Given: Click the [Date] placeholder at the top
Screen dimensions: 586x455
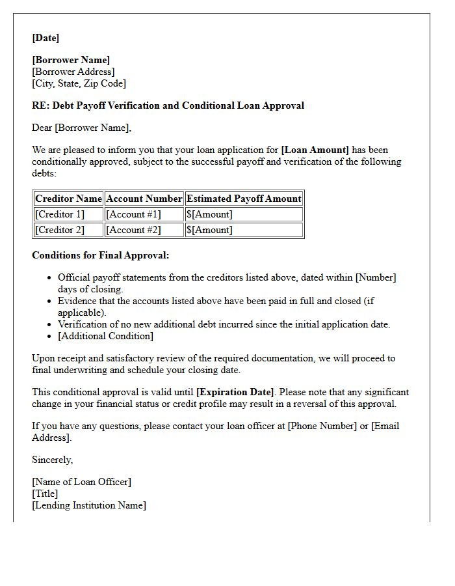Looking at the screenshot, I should pyautogui.click(x=45, y=38).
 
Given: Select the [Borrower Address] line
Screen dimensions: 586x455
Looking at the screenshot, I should pyautogui.click(x=73, y=72).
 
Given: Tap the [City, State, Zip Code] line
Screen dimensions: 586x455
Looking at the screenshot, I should pyautogui.click(x=79, y=83).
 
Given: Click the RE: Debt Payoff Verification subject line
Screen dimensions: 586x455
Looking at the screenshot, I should pyautogui.click(x=168, y=105).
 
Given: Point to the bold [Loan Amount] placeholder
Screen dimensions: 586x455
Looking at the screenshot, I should pyautogui.click(x=315, y=150).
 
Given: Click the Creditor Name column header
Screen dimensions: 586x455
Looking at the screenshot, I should pyautogui.click(x=68, y=199).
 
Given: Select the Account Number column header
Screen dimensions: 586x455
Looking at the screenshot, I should pyautogui.click(x=144, y=199).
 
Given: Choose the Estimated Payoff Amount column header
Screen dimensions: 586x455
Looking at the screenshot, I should pyautogui.click(x=244, y=199).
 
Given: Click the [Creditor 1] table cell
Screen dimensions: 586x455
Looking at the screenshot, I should pyautogui.click(x=60, y=214).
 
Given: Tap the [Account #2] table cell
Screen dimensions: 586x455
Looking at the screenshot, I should pyautogui.click(x=133, y=230).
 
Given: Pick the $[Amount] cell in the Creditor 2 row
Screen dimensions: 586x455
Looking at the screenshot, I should pyautogui.click(x=209, y=230).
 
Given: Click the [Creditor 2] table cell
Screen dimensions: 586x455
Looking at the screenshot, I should pyautogui.click(x=60, y=230).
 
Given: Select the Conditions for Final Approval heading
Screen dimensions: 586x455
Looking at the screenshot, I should pyautogui.click(x=100, y=255).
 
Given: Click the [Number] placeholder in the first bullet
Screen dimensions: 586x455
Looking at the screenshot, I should pyautogui.click(x=375, y=277).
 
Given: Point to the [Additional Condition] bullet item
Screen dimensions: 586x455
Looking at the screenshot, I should pyautogui.click(x=105, y=336).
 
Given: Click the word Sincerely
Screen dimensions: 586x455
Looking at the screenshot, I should pyautogui.click(x=52, y=460).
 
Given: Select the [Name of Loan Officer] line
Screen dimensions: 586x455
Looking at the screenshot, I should pyautogui.click(x=81, y=482).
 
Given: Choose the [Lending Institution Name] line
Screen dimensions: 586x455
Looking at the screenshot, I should pyautogui.click(x=89, y=505).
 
